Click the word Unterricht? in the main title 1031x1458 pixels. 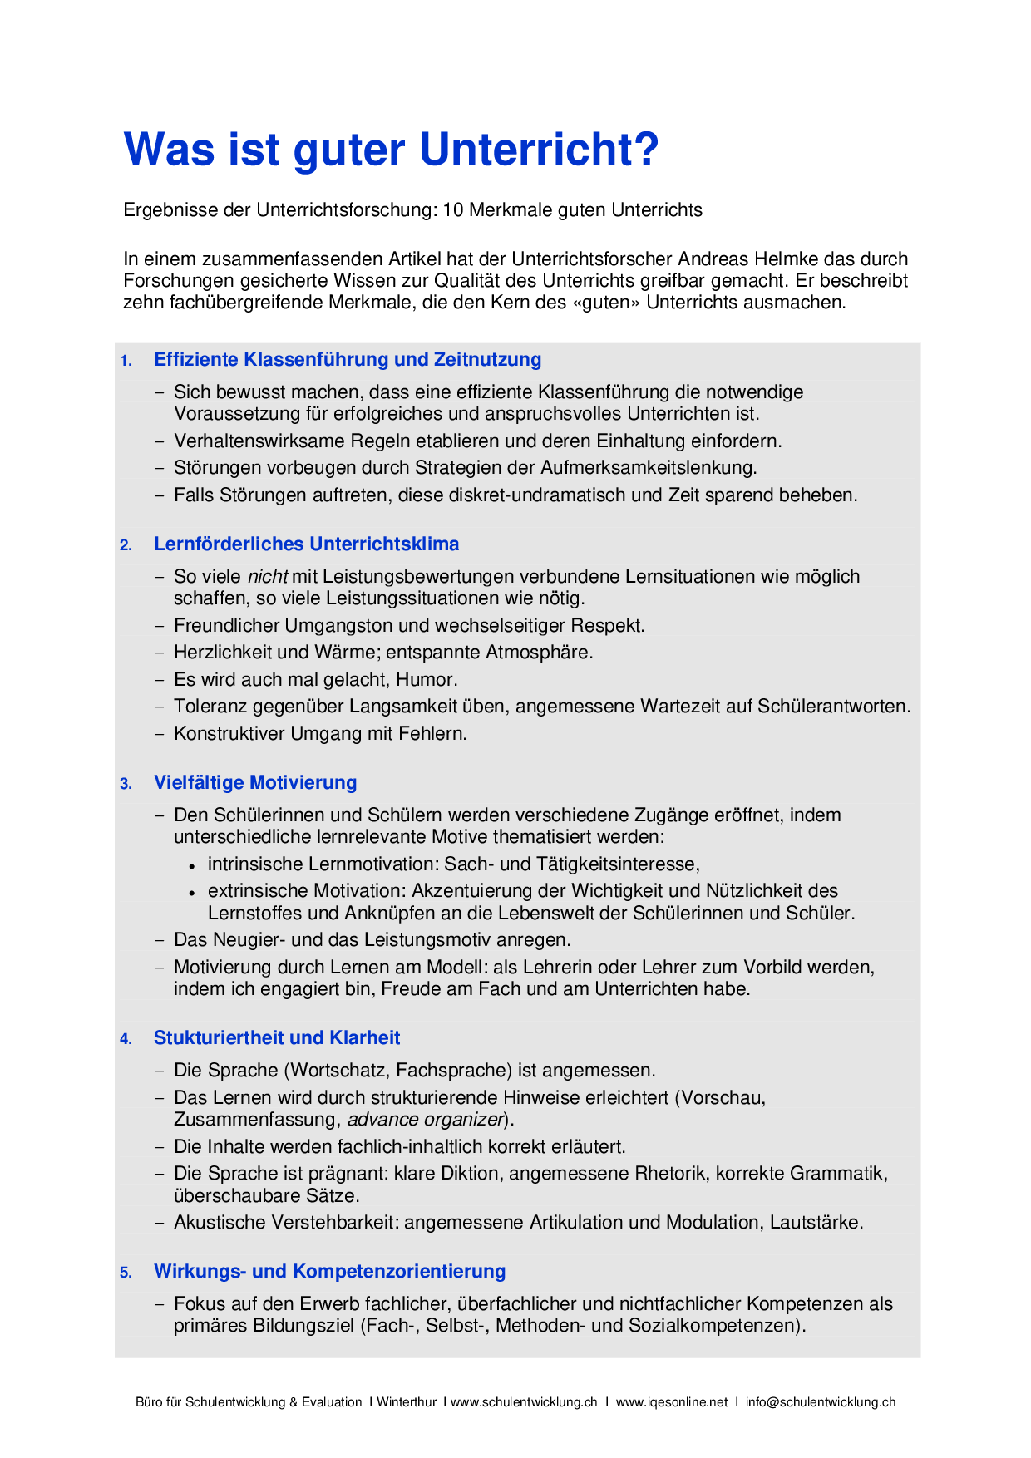click(539, 150)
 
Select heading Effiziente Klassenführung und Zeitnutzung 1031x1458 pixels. click(348, 360)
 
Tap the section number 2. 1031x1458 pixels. click(126, 545)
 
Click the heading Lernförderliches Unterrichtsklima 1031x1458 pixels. click(306, 544)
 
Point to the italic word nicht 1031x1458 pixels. click(268, 577)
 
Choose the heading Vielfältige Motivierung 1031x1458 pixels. click(255, 783)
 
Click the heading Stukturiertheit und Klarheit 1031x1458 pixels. click(277, 1038)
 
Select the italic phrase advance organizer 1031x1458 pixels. click(426, 1120)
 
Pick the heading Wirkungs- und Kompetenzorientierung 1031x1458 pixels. click(329, 1272)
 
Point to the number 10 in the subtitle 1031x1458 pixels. click(452, 210)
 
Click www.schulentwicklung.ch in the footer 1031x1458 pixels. click(524, 1402)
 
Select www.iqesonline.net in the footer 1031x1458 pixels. click(672, 1402)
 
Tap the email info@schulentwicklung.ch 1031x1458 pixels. click(821, 1402)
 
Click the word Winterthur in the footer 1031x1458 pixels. click(407, 1402)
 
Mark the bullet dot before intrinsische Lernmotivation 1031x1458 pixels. click(191, 865)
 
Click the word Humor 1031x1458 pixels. click(427, 680)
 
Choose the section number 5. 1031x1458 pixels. click(126, 1273)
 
